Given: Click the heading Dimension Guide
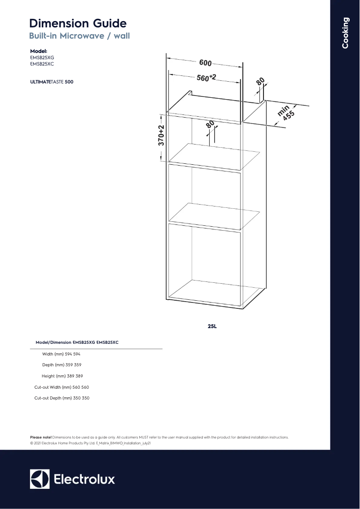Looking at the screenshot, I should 78,23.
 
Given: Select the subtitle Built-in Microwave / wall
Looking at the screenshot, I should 79,36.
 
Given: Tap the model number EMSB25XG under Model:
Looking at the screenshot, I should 42,57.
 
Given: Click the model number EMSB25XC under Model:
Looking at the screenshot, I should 42,64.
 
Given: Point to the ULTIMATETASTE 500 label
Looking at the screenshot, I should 52,82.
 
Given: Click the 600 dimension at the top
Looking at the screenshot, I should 205,63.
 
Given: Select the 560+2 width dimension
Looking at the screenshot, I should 206,78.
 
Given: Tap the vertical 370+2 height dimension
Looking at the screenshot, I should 161,135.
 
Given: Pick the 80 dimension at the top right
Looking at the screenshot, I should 260,82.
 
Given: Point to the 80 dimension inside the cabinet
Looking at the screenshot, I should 210,124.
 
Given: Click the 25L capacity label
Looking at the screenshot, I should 212,326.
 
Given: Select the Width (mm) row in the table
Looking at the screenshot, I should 61,354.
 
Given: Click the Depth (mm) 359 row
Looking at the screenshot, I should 61,365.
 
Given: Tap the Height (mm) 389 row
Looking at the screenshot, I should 62,376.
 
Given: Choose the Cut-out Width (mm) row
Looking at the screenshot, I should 61,387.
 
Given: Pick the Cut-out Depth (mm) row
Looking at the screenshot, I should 61,398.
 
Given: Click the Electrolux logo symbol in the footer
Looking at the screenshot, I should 40,479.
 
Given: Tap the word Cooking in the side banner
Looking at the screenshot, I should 345,33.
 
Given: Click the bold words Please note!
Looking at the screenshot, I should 40,437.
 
